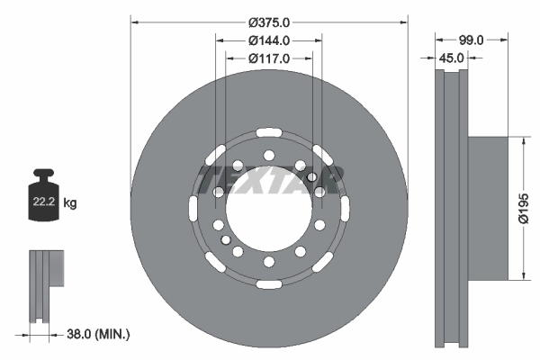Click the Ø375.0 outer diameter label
coord(269,22)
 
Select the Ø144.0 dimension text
coord(269,40)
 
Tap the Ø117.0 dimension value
coord(269,58)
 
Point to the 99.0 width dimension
coord(471,40)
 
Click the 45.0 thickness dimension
coord(451,58)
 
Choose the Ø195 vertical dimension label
coord(524,208)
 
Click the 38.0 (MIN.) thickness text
coord(98,334)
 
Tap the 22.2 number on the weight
coord(44,202)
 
